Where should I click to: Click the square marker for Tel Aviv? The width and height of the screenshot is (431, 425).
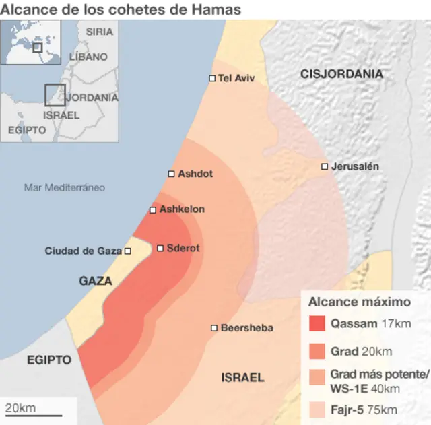pyautogui.click(x=212, y=79)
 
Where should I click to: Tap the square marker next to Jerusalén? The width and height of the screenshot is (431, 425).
pyautogui.click(x=325, y=166)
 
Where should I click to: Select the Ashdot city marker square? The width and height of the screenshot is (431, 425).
pyautogui.click(x=171, y=174)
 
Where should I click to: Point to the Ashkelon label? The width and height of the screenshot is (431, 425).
pyautogui.click(x=182, y=209)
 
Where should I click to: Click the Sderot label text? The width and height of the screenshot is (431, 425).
pyautogui.click(x=183, y=248)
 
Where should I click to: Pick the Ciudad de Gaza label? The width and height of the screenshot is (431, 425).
pyautogui.click(x=83, y=251)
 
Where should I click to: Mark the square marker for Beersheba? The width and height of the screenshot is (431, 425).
pyautogui.click(x=214, y=328)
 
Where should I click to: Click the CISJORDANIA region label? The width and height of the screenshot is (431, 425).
pyautogui.click(x=342, y=74)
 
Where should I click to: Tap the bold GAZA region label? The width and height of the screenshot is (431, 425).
pyautogui.click(x=96, y=281)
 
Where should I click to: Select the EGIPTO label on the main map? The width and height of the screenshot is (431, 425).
pyautogui.click(x=49, y=360)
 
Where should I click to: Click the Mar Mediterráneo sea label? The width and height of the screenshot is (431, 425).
pyautogui.click(x=65, y=187)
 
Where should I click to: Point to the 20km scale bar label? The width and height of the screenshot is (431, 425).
pyautogui.click(x=21, y=408)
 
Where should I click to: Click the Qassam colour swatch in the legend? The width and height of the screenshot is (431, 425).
pyautogui.click(x=317, y=323)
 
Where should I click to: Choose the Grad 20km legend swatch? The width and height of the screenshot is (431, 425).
pyautogui.click(x=317, y=352)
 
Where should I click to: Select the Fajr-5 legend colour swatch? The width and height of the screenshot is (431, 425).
pyautogui.click(x=317, y=410)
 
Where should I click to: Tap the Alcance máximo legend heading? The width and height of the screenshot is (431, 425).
pyautogui.click(x=359, y=302)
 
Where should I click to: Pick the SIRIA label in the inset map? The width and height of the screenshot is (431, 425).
pyautogui.click(x=99, y=32)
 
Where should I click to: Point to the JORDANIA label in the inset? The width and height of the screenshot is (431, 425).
pyautogui.click(x=93, y=97)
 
